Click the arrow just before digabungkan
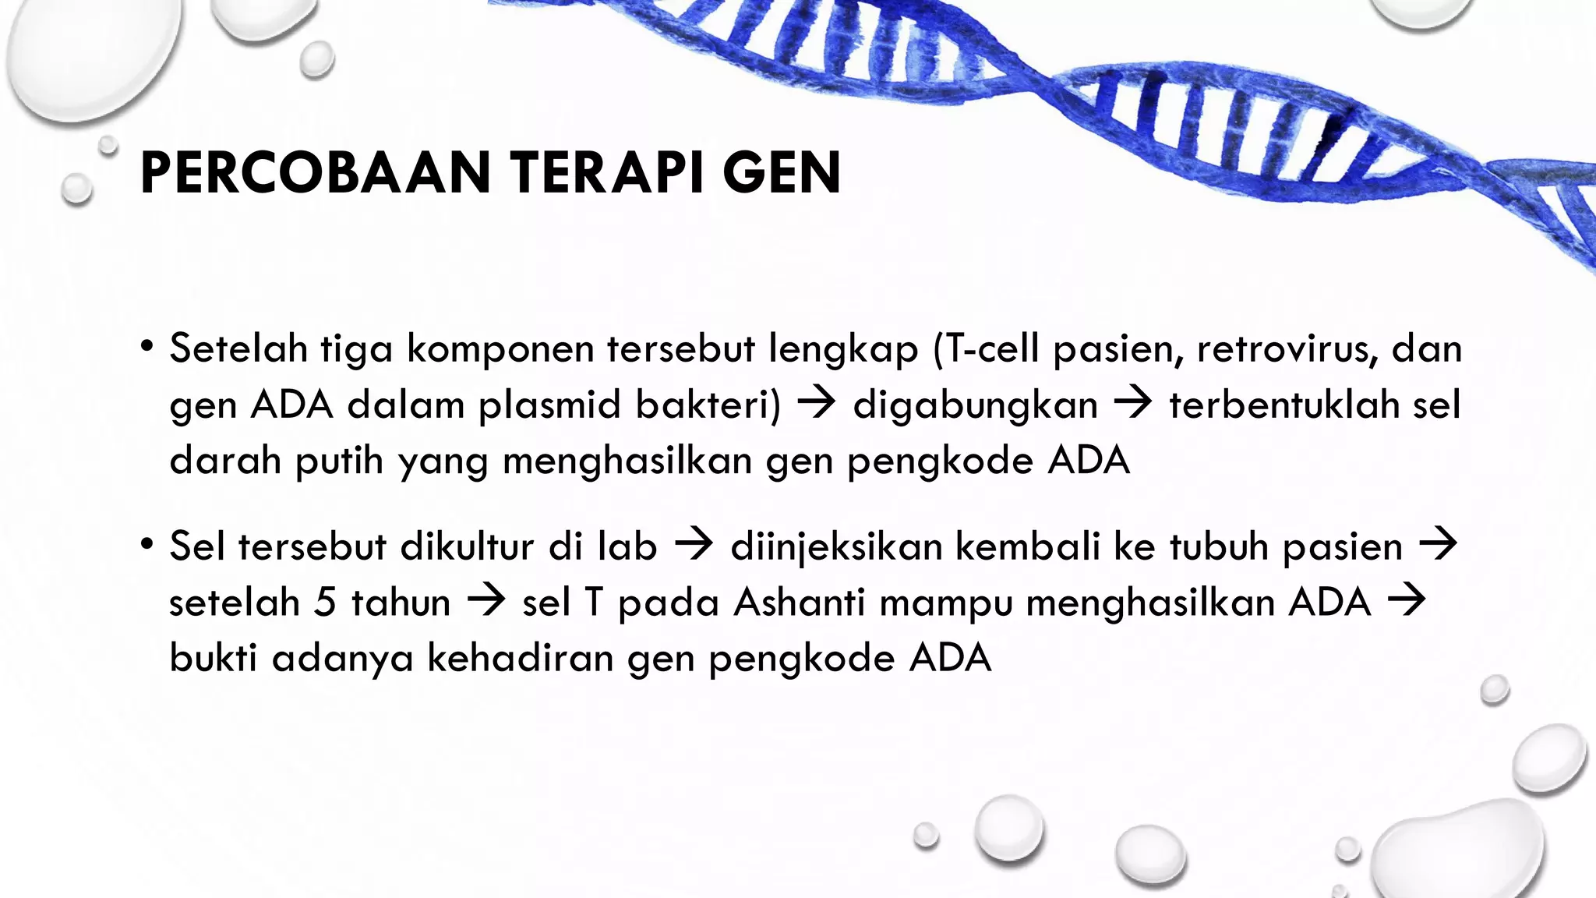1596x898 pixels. coord(817,404)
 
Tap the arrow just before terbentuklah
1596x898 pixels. coord(1133,404)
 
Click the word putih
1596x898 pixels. coord(340,461)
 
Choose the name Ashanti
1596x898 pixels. coord(800,603)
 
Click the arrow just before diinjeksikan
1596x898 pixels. coord(694,545)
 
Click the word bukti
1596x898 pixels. coord(213,659)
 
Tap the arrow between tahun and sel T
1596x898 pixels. coord(486,601)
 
